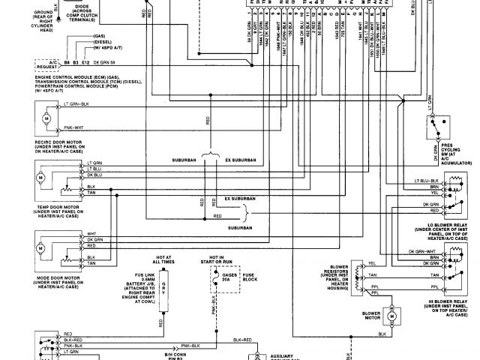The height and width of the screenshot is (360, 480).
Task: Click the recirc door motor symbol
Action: pos(46,118)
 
